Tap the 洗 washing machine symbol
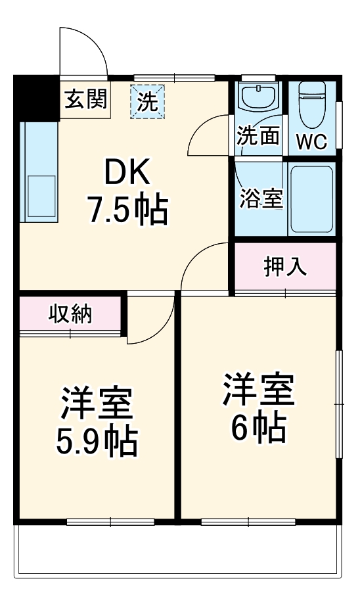pyautogui.click(x=148, y=102)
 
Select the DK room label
pyautogui.click(x=128, y=174)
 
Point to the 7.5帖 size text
pyautogui.click(x=128, y=210)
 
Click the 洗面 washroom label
pyautogui.click(x=258, y=136)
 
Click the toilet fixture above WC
pyautogui.click(x=313, y=105)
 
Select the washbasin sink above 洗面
pyautogui.click(x=258, y=99)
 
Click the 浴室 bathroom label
pyautogui.click(x=261, y=198)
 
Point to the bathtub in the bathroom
pyautogui.click(x=311, y=199)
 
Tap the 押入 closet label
pyautogui.click(x=284, y=266)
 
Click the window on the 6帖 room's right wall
pyautogui.click(x=339, y=405)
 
